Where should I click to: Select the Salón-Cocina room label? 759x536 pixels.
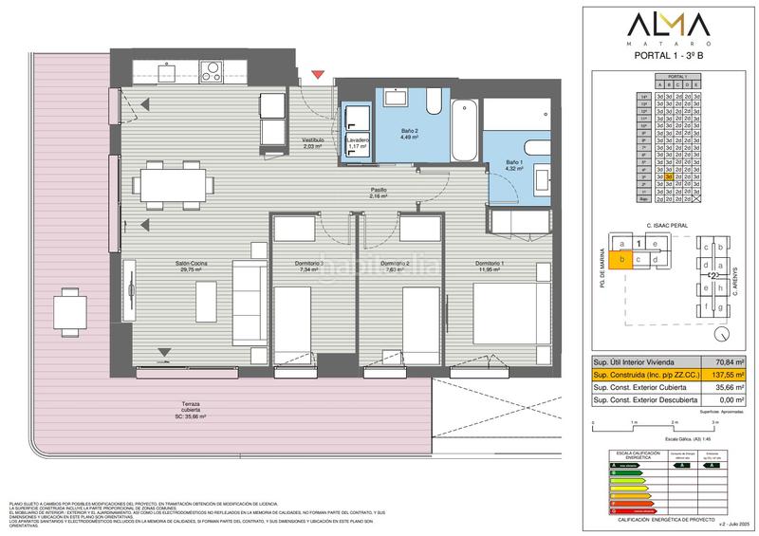coord(191,266)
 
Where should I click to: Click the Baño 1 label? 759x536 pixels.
coord(513,164)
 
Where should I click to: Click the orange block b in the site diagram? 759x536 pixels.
coord(622,258)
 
